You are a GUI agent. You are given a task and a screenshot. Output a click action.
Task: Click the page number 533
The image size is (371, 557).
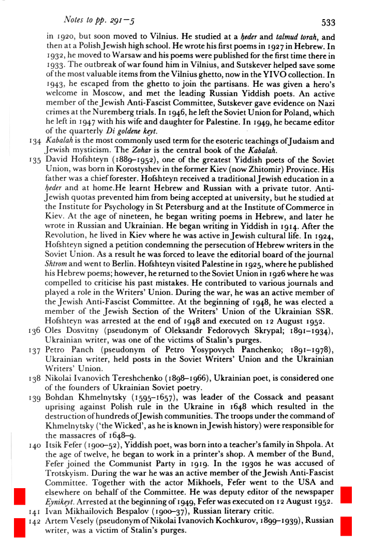pyautogui.click(x=328, y=22)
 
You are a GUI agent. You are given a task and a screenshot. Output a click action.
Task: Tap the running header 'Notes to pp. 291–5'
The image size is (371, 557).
pyautogui.click(x=98, y=20)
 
